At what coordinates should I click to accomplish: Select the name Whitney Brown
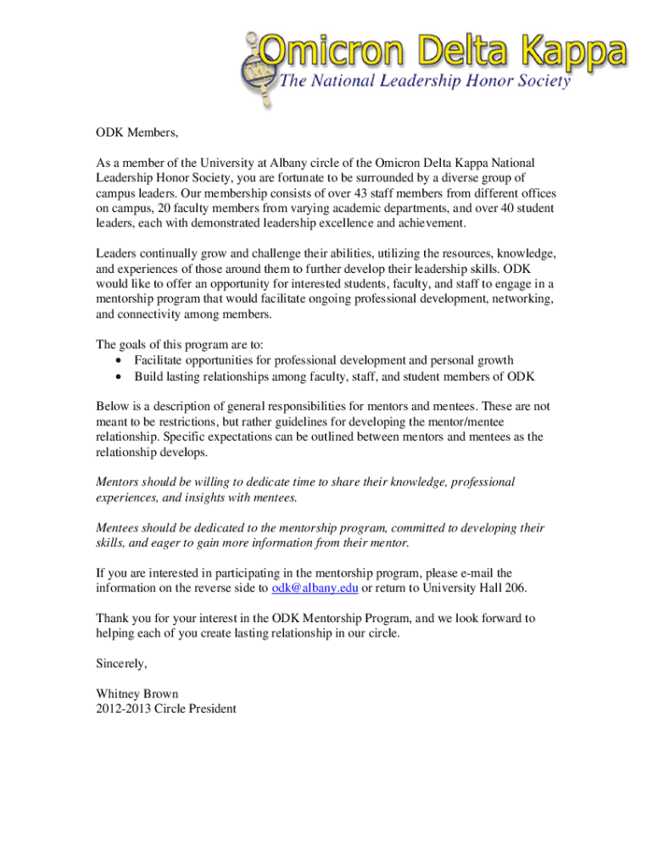[x=137, y=694]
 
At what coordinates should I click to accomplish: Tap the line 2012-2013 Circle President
[x=166, y=709]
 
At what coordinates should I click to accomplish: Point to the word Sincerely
[x=121, y=664]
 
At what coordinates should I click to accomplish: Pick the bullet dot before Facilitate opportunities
[x=116, y=361]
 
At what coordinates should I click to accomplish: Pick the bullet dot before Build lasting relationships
[x=116, y=376]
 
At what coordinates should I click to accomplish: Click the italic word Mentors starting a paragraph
[x=119, y=481]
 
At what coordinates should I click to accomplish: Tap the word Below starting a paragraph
[x=113, y=407]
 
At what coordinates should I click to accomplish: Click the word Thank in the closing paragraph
[x=113, y=619]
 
